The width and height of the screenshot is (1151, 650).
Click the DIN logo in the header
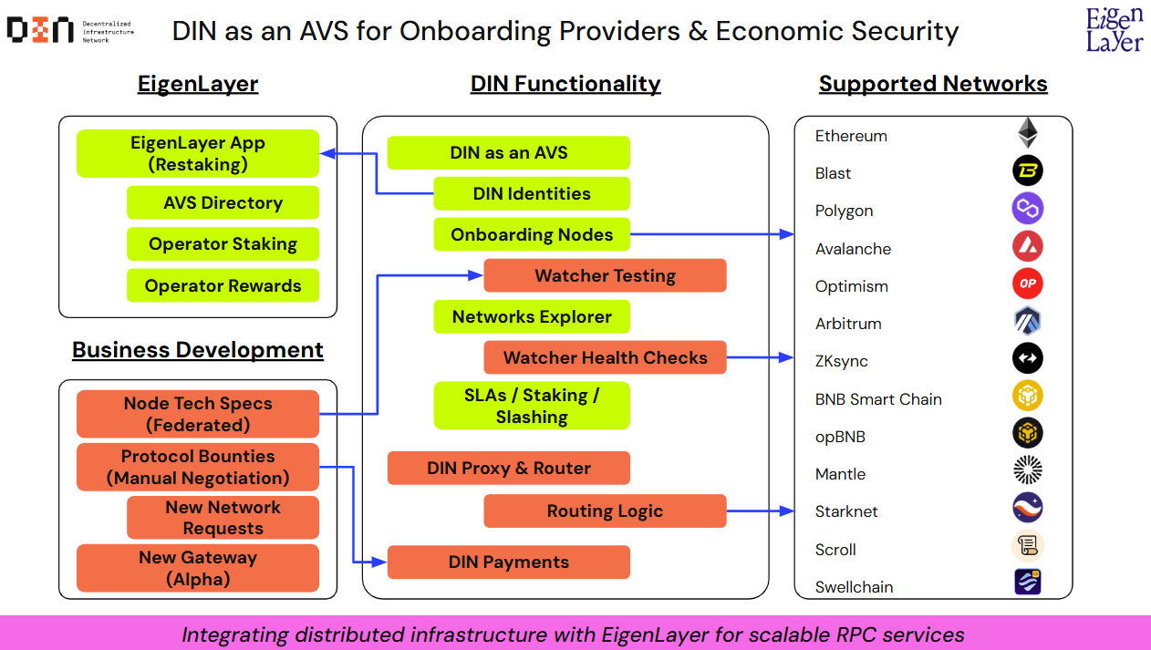pos(40,30)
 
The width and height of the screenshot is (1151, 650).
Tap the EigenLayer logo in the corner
pos(1113,30)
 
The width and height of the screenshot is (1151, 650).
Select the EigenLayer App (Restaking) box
pos(198,154)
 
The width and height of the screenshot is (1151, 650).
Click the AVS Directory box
pos(223,202)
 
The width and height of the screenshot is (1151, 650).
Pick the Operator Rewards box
pos(223,285)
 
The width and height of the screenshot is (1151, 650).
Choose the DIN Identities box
pos(532,193)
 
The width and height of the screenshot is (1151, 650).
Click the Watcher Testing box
pos(605,275)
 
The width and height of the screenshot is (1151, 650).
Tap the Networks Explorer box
pos(532,317)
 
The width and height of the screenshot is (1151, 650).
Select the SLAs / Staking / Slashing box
pos(532,406)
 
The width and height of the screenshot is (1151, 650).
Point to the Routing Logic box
pos(605,511)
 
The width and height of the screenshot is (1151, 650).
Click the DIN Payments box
pos(509,562)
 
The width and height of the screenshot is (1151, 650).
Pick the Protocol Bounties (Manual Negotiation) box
pos(198,467)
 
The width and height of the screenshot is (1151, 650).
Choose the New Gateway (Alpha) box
pos(198,568)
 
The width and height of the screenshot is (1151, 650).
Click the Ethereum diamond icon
pos(1028,133)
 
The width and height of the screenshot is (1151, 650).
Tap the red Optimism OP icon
pos(1028,284)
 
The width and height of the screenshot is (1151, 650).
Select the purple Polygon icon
pos(1028,209)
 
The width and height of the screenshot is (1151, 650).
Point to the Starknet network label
pos(846,511)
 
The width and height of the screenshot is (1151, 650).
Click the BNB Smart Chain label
pos(878,399)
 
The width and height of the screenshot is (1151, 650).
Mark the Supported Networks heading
pos(933,84)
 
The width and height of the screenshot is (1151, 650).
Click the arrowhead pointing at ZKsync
pos(787,358)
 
